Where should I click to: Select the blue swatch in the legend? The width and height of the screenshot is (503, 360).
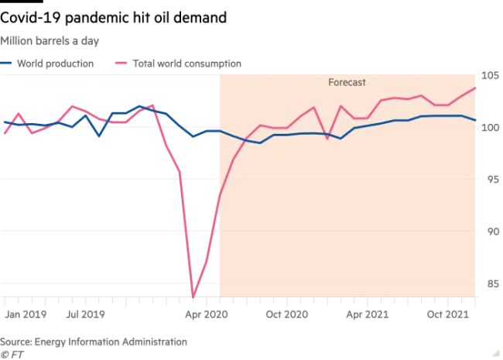[x=6, y=60]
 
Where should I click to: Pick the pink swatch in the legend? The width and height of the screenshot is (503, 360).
[x=120, y=60]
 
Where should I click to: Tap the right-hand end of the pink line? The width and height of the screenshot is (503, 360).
[x=476, y=87]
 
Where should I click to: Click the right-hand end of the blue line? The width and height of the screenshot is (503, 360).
[x=476, y=121]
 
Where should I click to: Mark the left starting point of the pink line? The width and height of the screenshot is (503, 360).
[x=4, y=132]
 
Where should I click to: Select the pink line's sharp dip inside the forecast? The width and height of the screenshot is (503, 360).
[x=327, y=139]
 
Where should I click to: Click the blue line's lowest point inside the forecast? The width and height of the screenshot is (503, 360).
[x=259, y=143]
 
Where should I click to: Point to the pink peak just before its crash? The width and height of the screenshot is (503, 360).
[x=151, y=102]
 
